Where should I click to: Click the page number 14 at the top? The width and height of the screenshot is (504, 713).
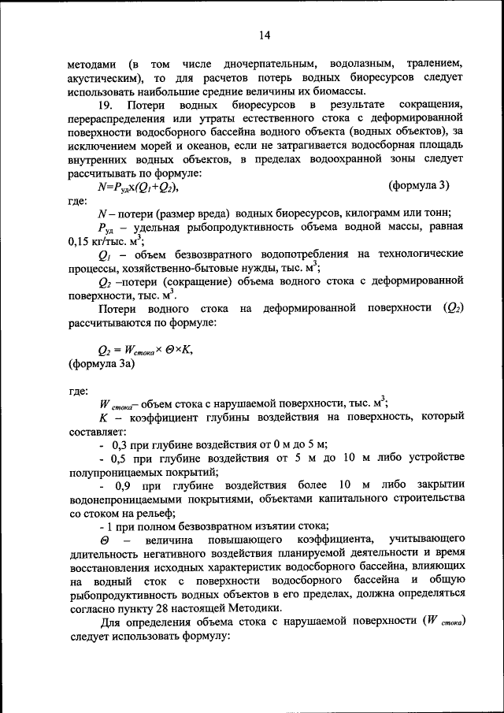coord(263,35)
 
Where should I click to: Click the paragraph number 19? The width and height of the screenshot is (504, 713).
coord(98,106)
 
